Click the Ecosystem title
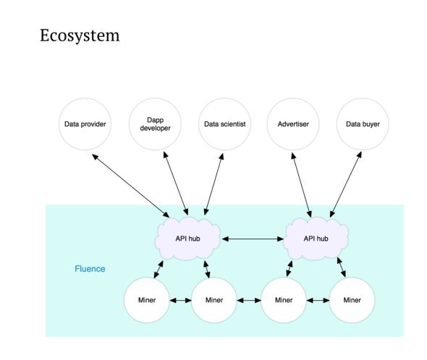pyautogui.click(x=80, y=35)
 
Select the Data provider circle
pyautogui.click(x=85, y=124)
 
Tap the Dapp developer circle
pyautogui.click(x=155, y=124)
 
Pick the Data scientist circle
pyautogui.click(x=224, y=124)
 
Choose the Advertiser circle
pyautogui.click(x=293, y=124)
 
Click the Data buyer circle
pyautogui.click(x=363, y=124)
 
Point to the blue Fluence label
pyautogui.click(x=90, y=269)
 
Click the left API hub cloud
pyautogui.click(x=187, y=239)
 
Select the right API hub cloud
pyautogui.click(x=316, y=239)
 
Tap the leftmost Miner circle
pyautogui.click(x=147, y=300)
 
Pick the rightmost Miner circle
pyautogui.click(x=352, y=300)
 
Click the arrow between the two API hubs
pyautogui.click(x=253, y=239)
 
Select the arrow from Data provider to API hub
pyautogui.click(x=131, y=186)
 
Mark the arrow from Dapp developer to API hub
pyautogui.click(x=176, y=184)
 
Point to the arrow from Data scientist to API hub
pyautogui.click(x=213, y=184)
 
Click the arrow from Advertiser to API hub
pyautogui.click(x=301, y=185)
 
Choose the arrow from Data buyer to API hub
pyautogui.click(x=346, y=184)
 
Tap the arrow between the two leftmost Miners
pyautogui.click(x=180, y=301)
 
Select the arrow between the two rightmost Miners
pyautogui.click(x=318, y=301)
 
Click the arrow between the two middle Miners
pyautogui.click(x=249, y=301)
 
